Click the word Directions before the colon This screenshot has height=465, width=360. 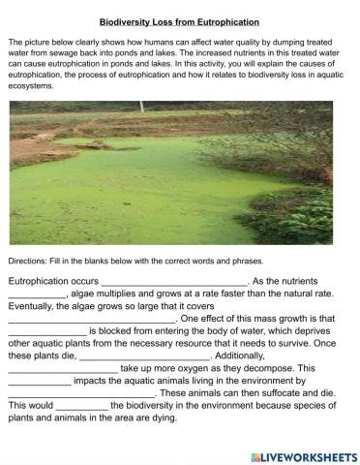point(27,262)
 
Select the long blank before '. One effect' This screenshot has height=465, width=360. point(91,318)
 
